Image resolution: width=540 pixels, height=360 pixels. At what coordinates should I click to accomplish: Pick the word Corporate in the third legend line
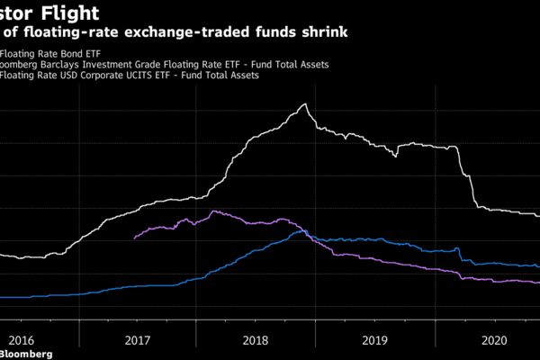pos(112,76)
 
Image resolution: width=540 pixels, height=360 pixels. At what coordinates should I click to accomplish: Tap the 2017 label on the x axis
pos(137,340)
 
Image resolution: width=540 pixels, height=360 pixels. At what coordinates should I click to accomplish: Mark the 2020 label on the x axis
pos(494,340)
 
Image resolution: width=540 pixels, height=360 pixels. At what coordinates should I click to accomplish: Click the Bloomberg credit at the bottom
pos(27,355)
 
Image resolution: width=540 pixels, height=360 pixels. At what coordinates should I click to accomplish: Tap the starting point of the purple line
pos(134,238)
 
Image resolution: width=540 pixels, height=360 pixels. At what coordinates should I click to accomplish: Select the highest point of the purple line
pos(213,211)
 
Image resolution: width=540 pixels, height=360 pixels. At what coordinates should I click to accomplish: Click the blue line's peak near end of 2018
pos(300,231)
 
